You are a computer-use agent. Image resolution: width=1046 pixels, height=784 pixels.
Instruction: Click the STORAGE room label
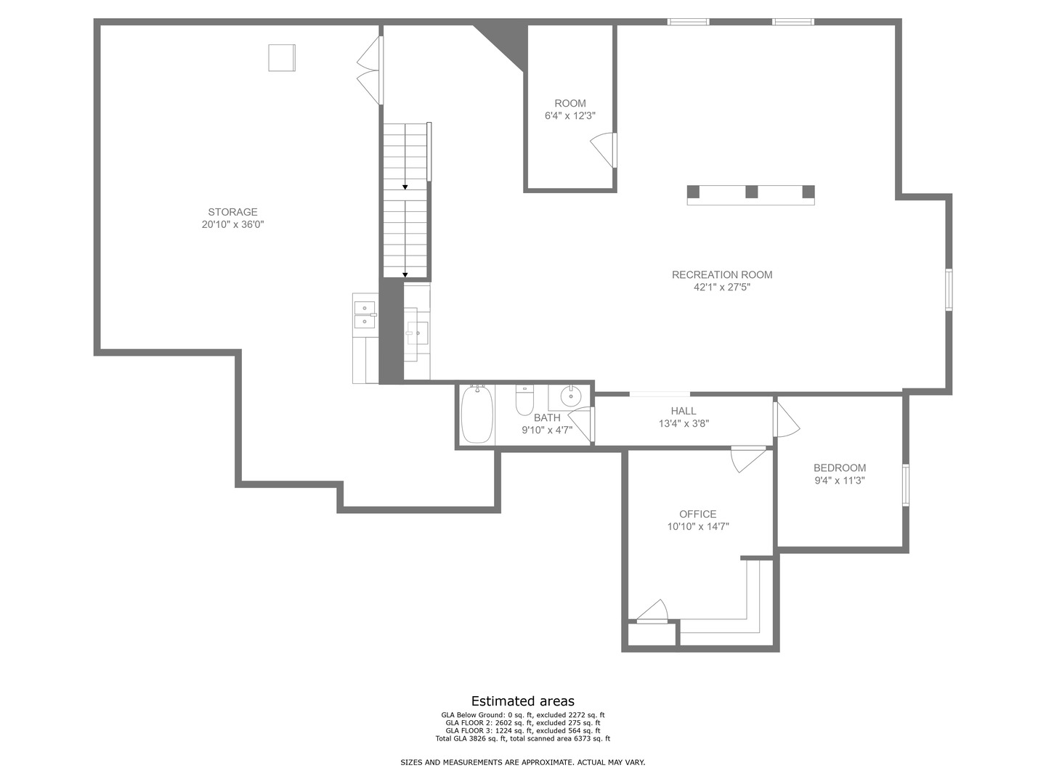232,212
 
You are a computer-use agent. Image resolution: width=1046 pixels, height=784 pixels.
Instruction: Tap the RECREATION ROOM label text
721,274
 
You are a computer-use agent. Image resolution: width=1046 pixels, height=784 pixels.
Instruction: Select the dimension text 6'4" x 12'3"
570,116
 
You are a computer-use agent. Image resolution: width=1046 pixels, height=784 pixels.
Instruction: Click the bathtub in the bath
477,415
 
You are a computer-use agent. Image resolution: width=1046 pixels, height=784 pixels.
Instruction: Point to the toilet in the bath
524,400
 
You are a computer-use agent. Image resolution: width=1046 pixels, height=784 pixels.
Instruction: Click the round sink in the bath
572,396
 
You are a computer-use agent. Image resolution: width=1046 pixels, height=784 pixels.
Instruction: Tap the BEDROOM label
839,468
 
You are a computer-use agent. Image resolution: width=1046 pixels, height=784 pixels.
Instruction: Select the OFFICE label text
697,514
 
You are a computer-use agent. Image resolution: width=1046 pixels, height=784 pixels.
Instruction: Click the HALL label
684,411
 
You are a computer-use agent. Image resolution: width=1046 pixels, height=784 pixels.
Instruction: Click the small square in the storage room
282,57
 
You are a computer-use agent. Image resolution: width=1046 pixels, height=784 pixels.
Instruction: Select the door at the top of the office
748,458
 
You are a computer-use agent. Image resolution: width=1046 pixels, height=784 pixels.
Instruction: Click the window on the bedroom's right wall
906,485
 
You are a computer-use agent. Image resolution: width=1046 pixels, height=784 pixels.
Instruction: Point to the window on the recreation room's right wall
949,290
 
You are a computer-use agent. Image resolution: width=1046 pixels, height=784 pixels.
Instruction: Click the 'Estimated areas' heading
522,701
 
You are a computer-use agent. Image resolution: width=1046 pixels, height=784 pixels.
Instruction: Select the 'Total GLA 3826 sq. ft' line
522,739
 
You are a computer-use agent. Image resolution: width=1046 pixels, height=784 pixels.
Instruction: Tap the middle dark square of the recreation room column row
751,192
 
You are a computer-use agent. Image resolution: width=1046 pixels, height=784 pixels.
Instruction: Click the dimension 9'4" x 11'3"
839,481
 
